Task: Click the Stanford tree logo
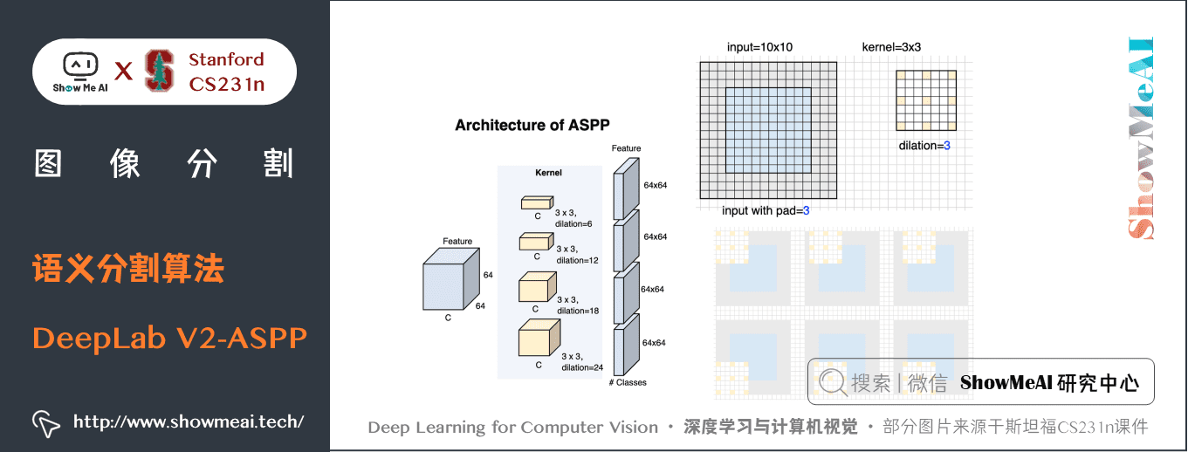click(160, 71)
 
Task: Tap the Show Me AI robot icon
click(80, 65)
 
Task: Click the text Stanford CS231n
click(226, 72)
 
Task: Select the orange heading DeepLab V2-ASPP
click(170, 338)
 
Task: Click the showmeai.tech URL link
click(188, 422)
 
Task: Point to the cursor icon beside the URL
click(45, 423)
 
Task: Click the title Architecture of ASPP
click(532, 125)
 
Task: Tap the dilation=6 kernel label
click(573, 218)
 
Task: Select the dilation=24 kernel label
click(581, 361)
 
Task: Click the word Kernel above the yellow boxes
click(548, 173)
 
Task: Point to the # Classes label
click(628, 382)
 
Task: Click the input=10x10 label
click(759, 47)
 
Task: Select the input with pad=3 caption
click(766, 210)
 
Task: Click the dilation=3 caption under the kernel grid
click(924, 146)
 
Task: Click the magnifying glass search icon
click(833, 382)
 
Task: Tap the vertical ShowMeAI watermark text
click(1140, 138)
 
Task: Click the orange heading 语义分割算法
click(128, 269)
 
